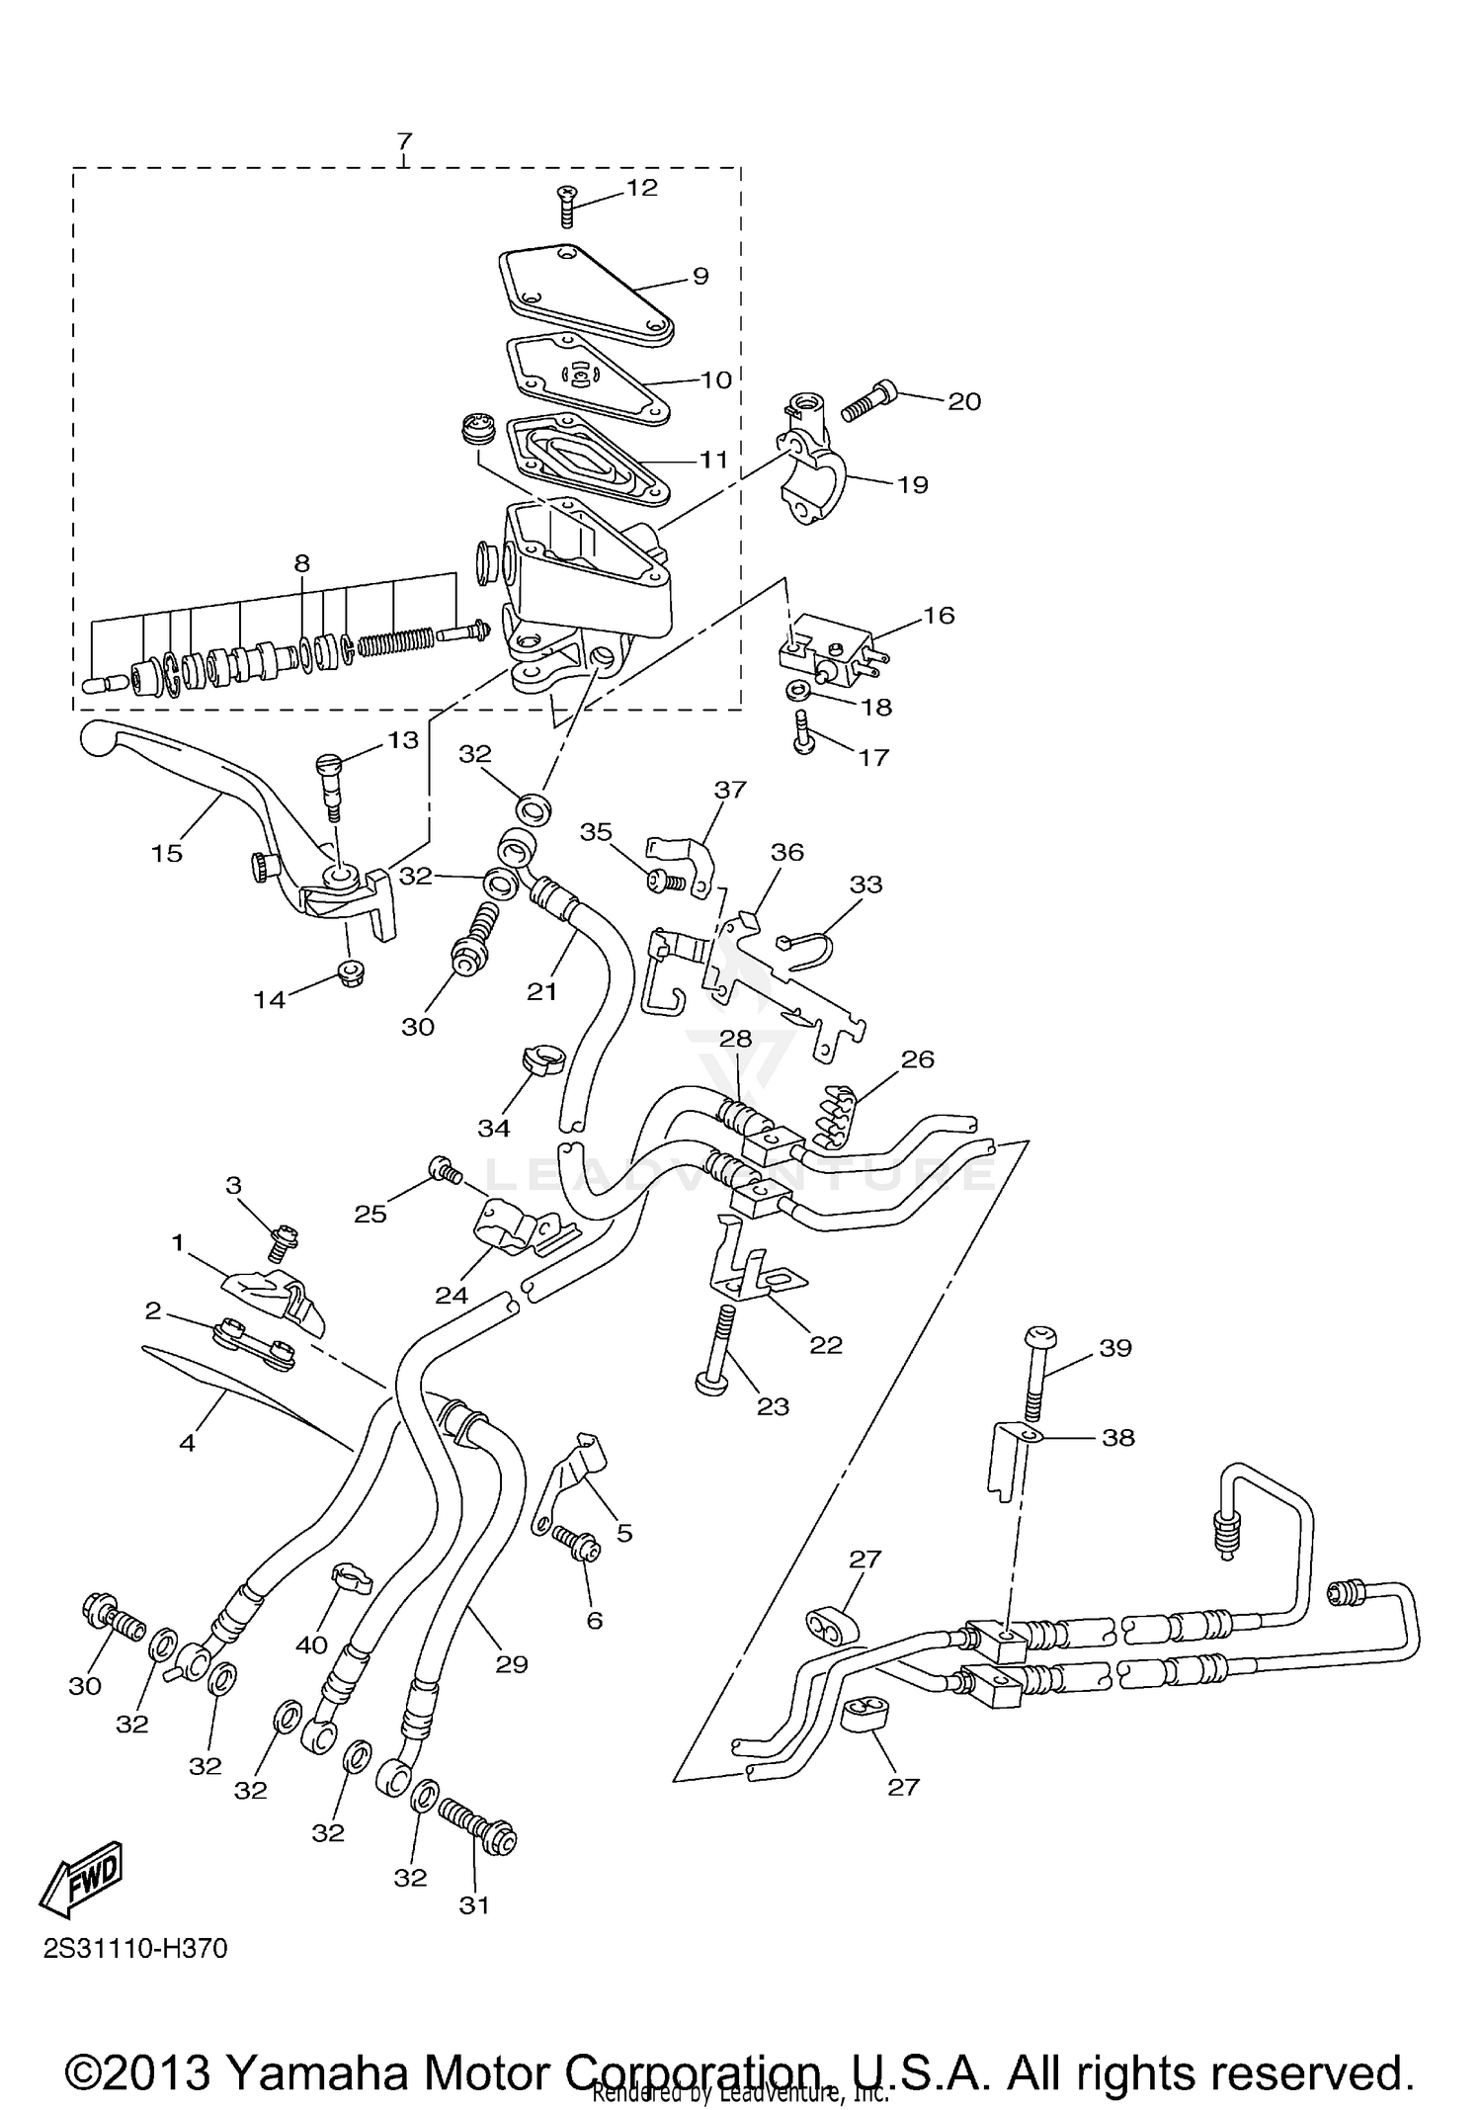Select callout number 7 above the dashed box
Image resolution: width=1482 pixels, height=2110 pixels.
(404, 141)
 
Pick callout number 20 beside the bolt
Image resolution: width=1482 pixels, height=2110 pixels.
(964, 401)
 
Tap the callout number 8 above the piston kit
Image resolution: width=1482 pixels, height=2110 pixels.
(301, 563)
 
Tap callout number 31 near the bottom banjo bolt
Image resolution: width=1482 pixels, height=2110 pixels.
(474, 1904)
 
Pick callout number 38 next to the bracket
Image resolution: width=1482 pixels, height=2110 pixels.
(1118, 1437)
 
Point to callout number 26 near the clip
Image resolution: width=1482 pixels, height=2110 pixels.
(917, 1058)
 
